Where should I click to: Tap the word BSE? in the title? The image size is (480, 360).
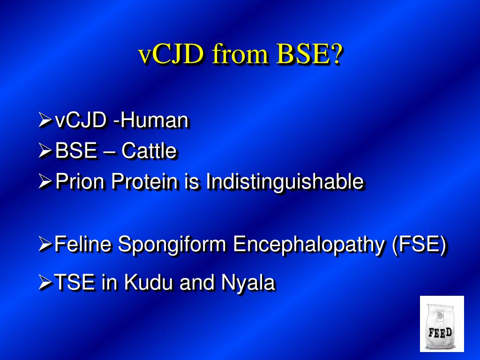(x=309, y=55)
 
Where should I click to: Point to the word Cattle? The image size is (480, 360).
(x=149, y=151)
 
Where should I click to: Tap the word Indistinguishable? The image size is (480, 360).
(x=285, y=181)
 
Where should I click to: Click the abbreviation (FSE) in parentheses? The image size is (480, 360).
(x=419, y=244)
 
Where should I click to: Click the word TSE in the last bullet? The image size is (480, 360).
(x=75, y=282)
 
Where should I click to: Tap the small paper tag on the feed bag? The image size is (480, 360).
(x=440, y=315)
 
